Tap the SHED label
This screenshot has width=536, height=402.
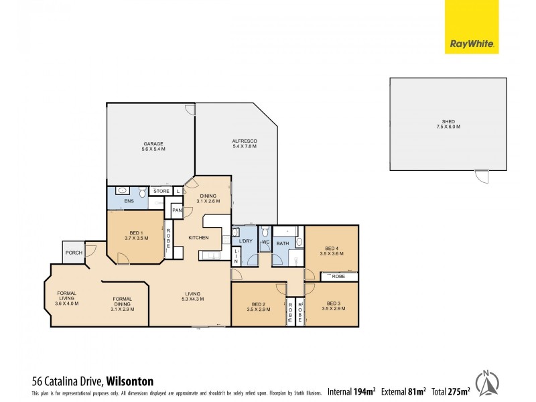[x=448, y=122]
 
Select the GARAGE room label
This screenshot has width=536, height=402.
[x=153, y=144]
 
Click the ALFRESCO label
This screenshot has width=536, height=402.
[x=245, y=141]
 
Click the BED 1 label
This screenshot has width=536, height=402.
[x=136, y=232]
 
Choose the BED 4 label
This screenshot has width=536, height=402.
[x=332, y=249]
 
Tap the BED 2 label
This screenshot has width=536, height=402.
[x=258, y=305]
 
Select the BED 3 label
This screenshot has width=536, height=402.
[x=333, y=305]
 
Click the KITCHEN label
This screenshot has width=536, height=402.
[x=198, y=238]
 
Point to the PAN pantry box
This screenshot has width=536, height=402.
[x=177, y=211]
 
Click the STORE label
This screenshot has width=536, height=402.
[x=161, y=192]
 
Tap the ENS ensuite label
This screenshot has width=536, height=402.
[x=129, y=201]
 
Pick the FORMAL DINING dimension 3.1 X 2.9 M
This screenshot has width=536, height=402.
[x=123, y=309]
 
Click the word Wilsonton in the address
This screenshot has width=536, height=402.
[x=130, y=381]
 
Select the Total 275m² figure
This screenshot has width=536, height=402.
[x=450, y=391]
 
